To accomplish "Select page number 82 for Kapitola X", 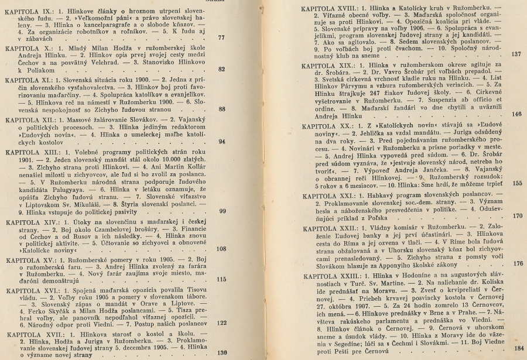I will pyautogui.click(x=221, y=69).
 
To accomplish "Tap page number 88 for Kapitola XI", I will pyautogui.click(x=221, y=109).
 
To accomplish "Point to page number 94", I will pyautogui.click(x=221, y=142).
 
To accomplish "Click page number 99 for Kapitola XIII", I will pyautogui.click(x=221, y=211).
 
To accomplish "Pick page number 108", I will pyautogui.click(x=221, y=249).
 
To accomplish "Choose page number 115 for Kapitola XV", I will pyautogui.click(x=221, y=279).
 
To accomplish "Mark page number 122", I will pyautogui.click(x=221, y=321).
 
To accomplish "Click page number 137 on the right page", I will pyautogui.click(x=516, y=53).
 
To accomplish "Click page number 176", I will pyautogui.click(x=516, y=263).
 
